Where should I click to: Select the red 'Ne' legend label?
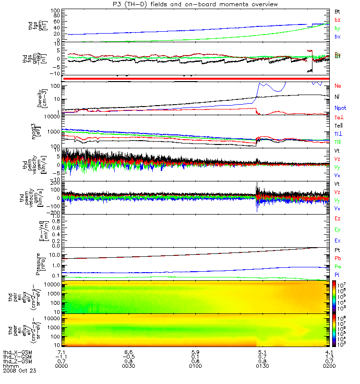point(337,86)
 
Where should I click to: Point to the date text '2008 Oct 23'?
point(20,371)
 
